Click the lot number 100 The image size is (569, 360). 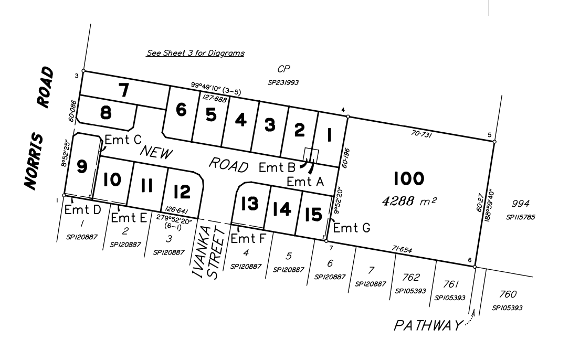[408, 178]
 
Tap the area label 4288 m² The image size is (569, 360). [409, 200]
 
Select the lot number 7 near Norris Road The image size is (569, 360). [124, 90]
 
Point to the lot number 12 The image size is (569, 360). [182, 192]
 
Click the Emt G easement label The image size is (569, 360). [352, 228]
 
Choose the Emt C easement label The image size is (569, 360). [123, 140]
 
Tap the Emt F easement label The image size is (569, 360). [248, 238]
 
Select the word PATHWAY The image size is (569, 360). [428, 325]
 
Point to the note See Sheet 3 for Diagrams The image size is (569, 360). [195, 53]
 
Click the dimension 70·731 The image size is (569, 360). [421, 134]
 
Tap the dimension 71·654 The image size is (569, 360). [402, 249]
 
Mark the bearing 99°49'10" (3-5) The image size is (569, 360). [216, 89]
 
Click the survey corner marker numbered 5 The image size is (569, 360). [494, 142]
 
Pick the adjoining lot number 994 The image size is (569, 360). [520, 204]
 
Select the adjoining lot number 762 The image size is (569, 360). [411, 278]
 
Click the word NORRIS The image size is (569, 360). [34, 162]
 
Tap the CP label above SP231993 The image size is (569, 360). [283, 69]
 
